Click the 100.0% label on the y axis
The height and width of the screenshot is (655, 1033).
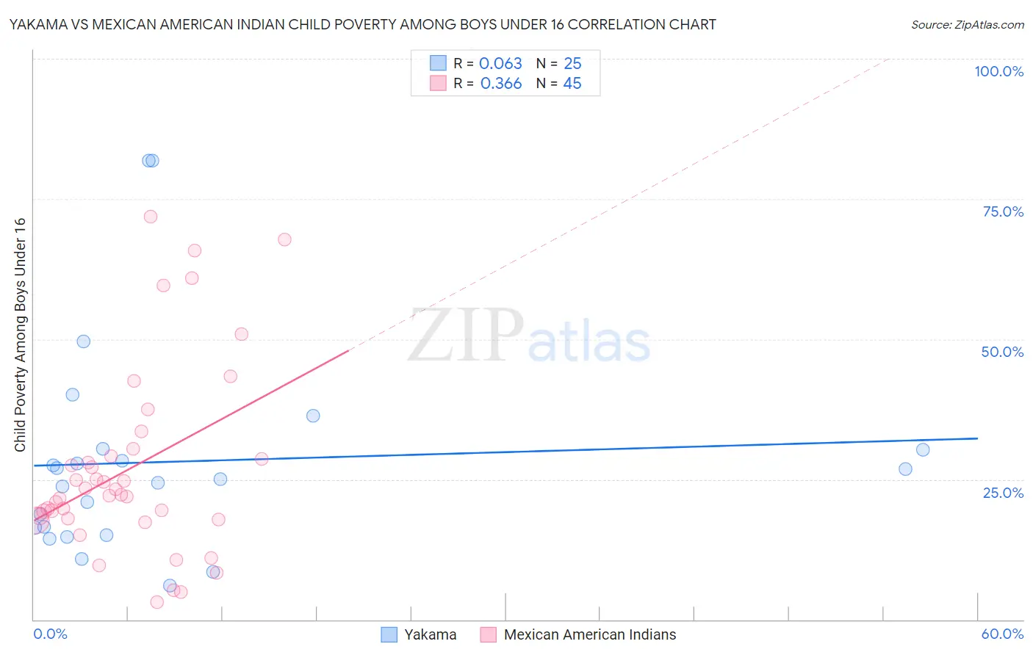point(998,71)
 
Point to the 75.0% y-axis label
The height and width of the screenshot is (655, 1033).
point(1003,211)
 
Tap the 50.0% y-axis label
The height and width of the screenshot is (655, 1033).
point(1002,352)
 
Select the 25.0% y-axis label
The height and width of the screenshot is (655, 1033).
point(1003,492)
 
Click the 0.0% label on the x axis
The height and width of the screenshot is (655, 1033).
point(50,634)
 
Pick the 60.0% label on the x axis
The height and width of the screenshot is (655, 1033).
point(1002,634)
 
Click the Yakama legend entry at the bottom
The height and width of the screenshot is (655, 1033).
point(430,634)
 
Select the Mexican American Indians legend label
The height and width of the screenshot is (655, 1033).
point(589,634)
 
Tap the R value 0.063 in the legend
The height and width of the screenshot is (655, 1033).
point(500,64)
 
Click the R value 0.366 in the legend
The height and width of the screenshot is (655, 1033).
point(501,84)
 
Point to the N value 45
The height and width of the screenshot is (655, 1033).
point(572,84)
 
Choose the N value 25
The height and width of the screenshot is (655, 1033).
point(572,64)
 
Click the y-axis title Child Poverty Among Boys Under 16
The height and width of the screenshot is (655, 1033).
point(21,335)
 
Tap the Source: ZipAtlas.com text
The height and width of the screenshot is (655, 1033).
point(967,25)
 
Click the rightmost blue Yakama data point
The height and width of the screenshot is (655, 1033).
point(923,450)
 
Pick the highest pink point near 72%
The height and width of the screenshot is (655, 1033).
point(151,217)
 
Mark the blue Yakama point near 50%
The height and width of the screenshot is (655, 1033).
point(84,341)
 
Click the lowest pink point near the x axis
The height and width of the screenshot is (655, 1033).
point(156,602)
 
